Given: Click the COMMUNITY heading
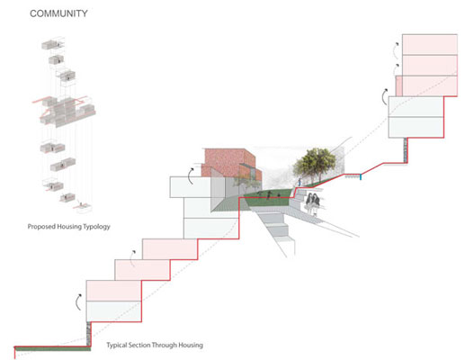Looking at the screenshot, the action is click(58, 13).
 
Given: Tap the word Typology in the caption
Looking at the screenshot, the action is click(96, 227).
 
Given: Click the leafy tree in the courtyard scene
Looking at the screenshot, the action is click(315, 165).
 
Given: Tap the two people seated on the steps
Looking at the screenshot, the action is click(312, 203).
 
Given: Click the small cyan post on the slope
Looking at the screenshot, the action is click(361, 176).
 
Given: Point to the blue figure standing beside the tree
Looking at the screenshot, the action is click(300, 182).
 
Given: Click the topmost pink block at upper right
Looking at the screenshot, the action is click(430, 45).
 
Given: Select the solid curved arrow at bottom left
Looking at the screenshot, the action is click(78, 301).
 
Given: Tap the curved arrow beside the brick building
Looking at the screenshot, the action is click(191, 176).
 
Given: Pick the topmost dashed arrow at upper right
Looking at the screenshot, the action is click(396, 51).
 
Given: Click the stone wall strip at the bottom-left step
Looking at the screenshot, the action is click(88, 333).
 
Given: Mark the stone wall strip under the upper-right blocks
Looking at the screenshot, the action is click(406, 150).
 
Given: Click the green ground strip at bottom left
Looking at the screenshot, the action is click(53, 348).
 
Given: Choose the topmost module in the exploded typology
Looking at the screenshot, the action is click(53, 44).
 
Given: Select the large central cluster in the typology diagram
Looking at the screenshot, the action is click(67, 111).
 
